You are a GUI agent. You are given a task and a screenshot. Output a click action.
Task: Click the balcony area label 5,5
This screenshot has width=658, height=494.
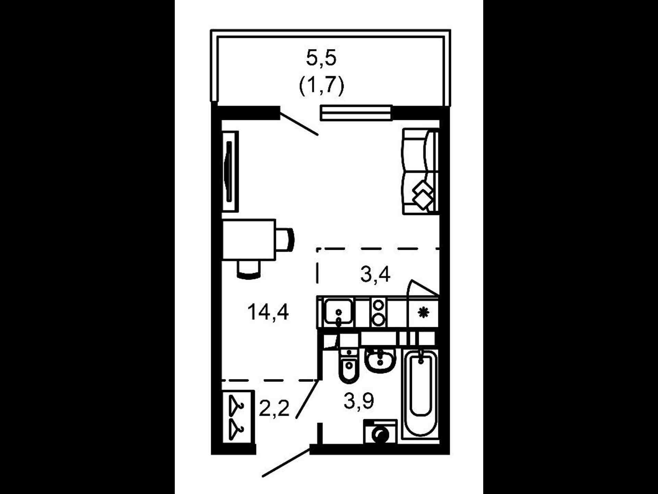click(x=321, y=57)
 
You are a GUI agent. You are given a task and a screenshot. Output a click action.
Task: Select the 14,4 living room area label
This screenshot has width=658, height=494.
click(x=268, y=312)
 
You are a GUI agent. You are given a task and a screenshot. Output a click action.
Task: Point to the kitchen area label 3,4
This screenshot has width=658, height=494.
click(x=375, y=274)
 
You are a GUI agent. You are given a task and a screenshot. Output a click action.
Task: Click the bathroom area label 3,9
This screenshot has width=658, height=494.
click(x=359, y=401)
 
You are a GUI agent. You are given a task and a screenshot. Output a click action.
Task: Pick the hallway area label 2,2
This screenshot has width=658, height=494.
click(x=274, y=408)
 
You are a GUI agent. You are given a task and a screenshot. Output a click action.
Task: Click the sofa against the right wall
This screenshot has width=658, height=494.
click(x=421, y=172)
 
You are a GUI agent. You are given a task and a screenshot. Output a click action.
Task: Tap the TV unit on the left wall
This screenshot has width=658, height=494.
click(x=230, y=172)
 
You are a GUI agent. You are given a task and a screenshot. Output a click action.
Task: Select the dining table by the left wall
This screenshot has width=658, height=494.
click(x=249, y=240)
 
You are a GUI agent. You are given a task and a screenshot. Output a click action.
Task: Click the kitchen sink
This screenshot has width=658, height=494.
click(x=339, y=311)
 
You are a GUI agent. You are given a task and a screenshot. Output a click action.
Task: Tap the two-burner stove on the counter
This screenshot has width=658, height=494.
click(x=379, y=312)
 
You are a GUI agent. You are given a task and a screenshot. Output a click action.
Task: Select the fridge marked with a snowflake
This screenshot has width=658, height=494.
click(x=424, y=312)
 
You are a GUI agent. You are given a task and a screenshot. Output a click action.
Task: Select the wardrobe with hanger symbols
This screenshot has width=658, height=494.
click(x=238, y=417)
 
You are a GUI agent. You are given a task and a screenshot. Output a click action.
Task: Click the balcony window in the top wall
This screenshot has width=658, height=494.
click(x=356, y=113)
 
